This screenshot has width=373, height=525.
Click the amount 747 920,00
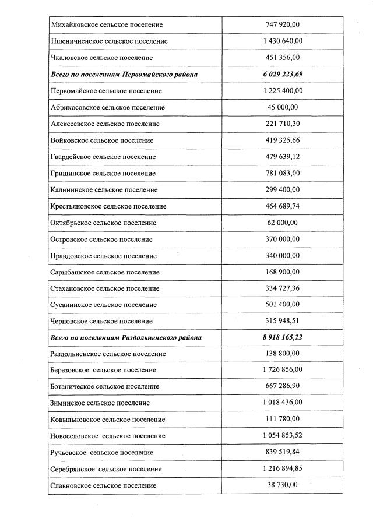[282, 25]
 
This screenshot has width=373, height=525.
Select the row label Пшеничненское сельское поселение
[109, 41]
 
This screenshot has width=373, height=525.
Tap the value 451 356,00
[282, 58]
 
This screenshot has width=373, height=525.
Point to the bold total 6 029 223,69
[282, 75]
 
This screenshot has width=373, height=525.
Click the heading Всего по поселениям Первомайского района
[124, 75]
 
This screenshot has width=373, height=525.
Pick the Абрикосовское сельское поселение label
[108, 107]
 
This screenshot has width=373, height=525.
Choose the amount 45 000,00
[282, 107]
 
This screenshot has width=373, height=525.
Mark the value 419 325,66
[282, 140]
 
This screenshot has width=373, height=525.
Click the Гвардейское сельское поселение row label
[103, 157]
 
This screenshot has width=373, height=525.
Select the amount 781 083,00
[282, 173]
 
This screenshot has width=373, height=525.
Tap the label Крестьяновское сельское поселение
[108, 206]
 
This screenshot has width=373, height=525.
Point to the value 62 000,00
[282, 223]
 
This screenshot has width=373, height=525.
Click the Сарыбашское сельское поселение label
[105, 272]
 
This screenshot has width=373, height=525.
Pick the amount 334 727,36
[282, 288]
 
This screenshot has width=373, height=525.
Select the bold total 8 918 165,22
[282, 337]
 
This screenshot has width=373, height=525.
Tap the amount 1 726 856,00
[282, 370]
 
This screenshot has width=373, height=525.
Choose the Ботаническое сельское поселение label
[105, 386]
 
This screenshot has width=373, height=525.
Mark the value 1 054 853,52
[282, 436]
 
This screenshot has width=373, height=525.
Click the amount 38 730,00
[282, 485]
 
